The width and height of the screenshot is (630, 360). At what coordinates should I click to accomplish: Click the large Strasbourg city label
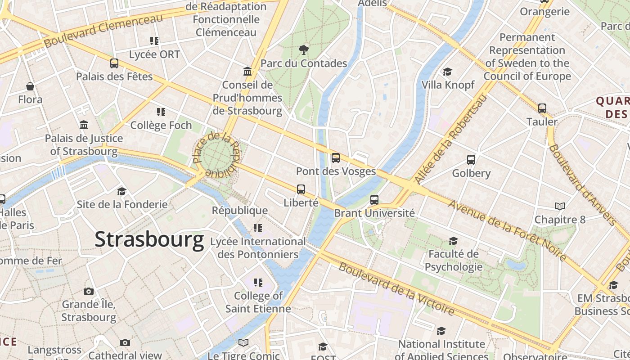149,239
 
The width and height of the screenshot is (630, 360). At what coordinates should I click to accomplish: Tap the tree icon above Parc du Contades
304,49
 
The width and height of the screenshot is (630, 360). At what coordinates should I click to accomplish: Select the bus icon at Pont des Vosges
336,158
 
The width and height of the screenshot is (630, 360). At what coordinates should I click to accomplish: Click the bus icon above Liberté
301,189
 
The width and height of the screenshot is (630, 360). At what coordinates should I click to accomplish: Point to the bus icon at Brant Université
374,200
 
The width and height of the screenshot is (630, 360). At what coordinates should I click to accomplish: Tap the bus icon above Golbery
471,160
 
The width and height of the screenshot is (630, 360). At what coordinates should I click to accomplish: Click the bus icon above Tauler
542,108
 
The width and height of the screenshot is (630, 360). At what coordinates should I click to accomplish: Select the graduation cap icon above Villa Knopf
447,72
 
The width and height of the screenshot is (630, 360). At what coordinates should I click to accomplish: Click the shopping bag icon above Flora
30,86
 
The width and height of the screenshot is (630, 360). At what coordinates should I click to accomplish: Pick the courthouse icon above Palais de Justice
84,125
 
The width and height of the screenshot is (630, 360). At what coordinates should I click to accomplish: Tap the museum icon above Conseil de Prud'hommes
247,72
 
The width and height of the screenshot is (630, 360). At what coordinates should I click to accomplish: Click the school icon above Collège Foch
161,112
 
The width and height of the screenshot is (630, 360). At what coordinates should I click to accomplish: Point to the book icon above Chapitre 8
560,206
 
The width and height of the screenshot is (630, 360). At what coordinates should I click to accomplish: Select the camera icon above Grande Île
89,291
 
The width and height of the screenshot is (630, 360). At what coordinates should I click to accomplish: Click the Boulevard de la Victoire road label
396,288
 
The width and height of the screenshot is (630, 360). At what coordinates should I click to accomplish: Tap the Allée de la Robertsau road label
450,139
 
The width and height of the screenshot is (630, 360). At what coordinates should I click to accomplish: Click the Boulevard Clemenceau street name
103,31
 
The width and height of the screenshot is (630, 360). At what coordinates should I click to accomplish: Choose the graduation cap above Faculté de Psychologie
453,241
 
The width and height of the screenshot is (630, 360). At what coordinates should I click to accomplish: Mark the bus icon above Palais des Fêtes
114,63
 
